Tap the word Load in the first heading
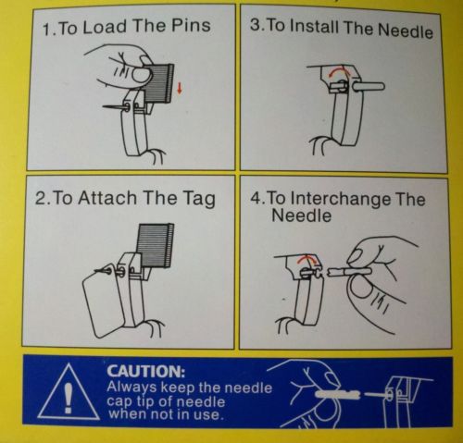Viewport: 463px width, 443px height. (105, 26)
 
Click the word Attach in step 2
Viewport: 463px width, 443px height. (106, 198)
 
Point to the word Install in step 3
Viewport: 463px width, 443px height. (315, 26)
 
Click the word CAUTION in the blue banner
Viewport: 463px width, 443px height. (146, 371)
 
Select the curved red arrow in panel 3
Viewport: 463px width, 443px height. (338, 72)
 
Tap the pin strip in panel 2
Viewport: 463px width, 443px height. (156, 245)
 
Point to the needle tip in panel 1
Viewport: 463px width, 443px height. (103, 106)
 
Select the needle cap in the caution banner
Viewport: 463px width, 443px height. (337, 394)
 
